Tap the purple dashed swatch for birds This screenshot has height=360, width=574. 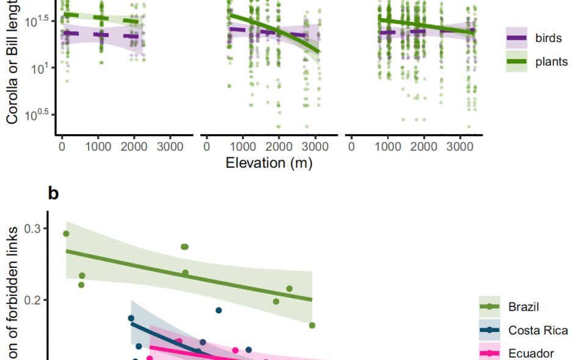click(x=517, y=38)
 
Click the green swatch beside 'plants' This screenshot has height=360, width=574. click(x=517, y=61)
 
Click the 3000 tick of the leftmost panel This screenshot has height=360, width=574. click(x=170, y=147)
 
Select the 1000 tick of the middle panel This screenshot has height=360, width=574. click(x=243, y=147)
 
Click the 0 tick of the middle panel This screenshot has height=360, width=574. click(x=207, y=147)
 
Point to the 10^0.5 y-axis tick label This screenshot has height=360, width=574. click(x=36, y=115)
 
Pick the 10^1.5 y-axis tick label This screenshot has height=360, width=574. click(x=36, y=21)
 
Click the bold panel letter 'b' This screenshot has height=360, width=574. click(x=54, y=193)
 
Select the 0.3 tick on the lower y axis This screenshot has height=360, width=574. click(x=32, y=228)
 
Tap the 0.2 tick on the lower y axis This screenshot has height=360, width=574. click(x=32, y=300)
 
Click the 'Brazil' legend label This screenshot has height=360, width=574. click(x=523, y=307)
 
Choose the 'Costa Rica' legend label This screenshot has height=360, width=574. click(x=538, y=330)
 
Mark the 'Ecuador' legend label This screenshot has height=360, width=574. click(x=531, y=353)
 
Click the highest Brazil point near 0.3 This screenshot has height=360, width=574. click(x=66, y=234)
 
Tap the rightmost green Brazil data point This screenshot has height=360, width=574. click(x=312, y=325)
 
